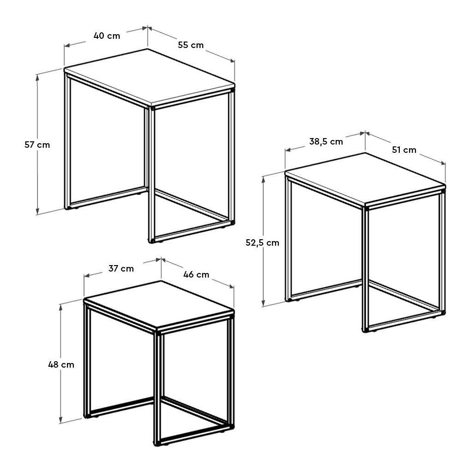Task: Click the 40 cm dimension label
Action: [x=107, y=36]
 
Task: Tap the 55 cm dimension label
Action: [x=191, y=45]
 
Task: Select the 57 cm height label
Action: [x=37, y=145]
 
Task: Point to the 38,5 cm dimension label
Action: [x=326, y=141]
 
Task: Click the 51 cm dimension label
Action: [x=404, y=150]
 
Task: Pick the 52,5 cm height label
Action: [x=262, y=242]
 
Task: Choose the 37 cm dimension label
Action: [x=121, y=268]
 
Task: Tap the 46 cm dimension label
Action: [x=196, y=274]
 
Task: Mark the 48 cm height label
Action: [x=61, y=365]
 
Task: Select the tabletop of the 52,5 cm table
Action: [x=365, y=180]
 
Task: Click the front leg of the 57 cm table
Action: [x=151, y=174]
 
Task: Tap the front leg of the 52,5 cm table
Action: [x=365, y=269]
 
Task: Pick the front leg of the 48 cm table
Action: [x=157, y=388]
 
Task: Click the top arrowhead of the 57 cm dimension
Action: [x=37, y=78]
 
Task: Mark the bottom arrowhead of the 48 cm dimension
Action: [x=61, y=420]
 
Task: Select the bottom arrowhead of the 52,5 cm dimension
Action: [x=264, y=303]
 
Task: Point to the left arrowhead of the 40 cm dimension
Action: [x=67, y=45]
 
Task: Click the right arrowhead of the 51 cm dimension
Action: [x=443, y=163]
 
